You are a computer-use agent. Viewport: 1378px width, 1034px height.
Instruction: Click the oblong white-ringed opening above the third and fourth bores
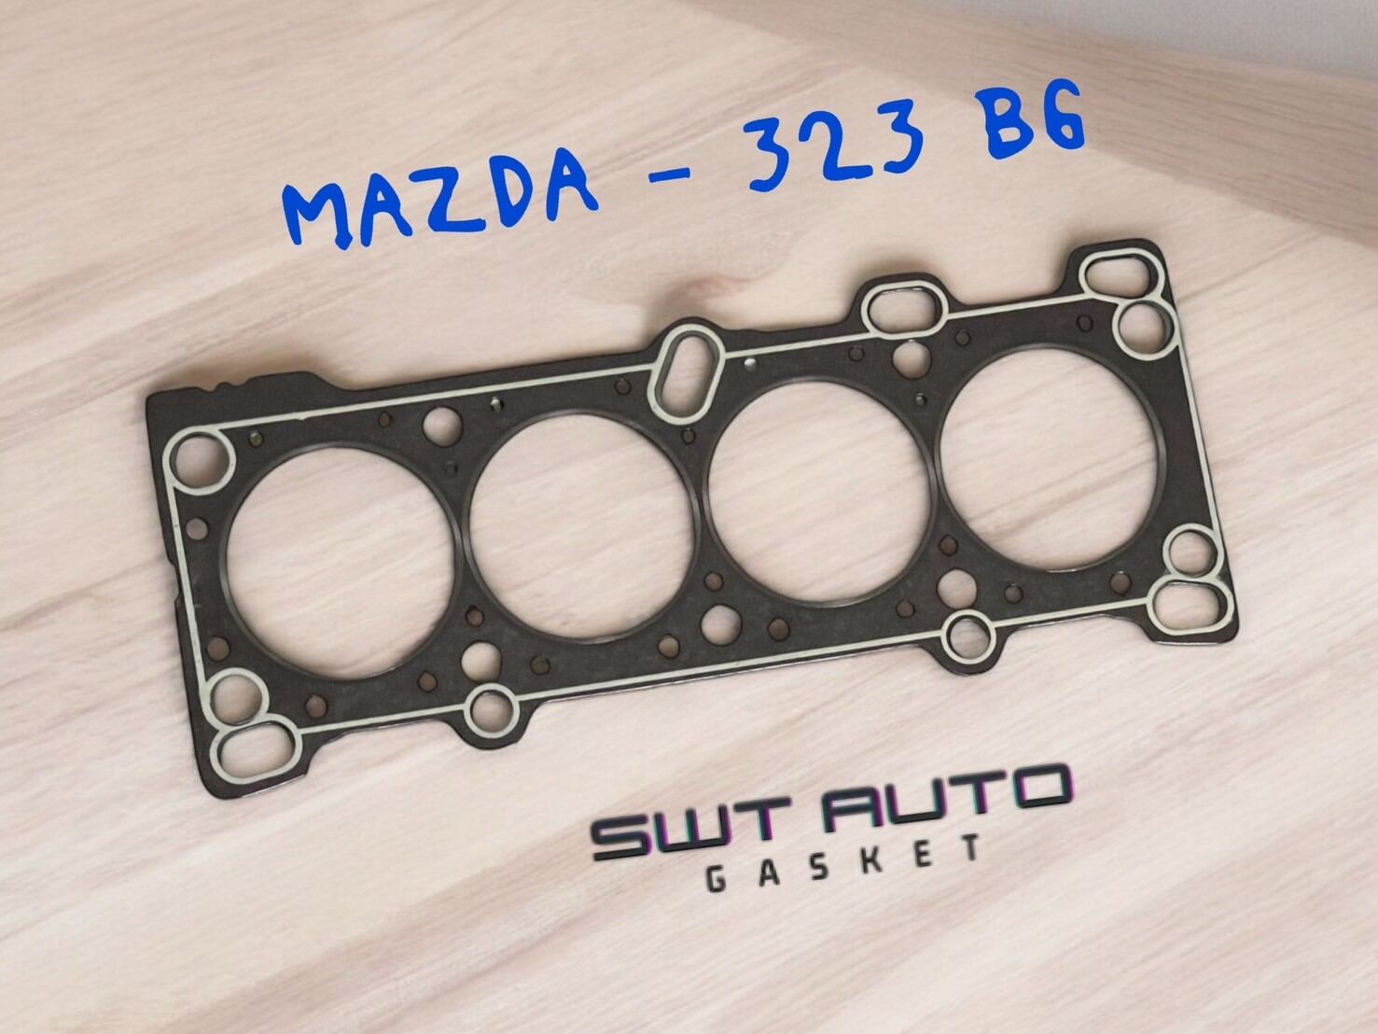click(x=903, y=310)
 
